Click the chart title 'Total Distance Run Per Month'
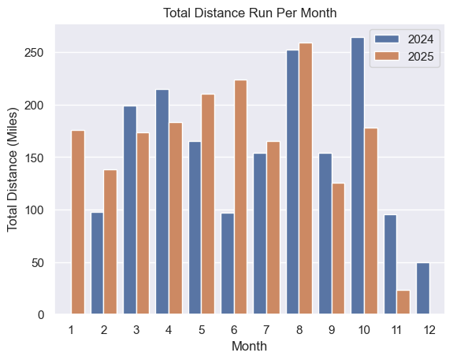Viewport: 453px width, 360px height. (249, 13)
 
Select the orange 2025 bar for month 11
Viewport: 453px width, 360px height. (403, 302)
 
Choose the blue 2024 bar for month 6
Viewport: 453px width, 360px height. (228, 275)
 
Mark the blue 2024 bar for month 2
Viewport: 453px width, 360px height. (98, 263)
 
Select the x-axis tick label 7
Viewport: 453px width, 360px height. (266, 328)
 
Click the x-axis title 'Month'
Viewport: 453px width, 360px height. (249, 346)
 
